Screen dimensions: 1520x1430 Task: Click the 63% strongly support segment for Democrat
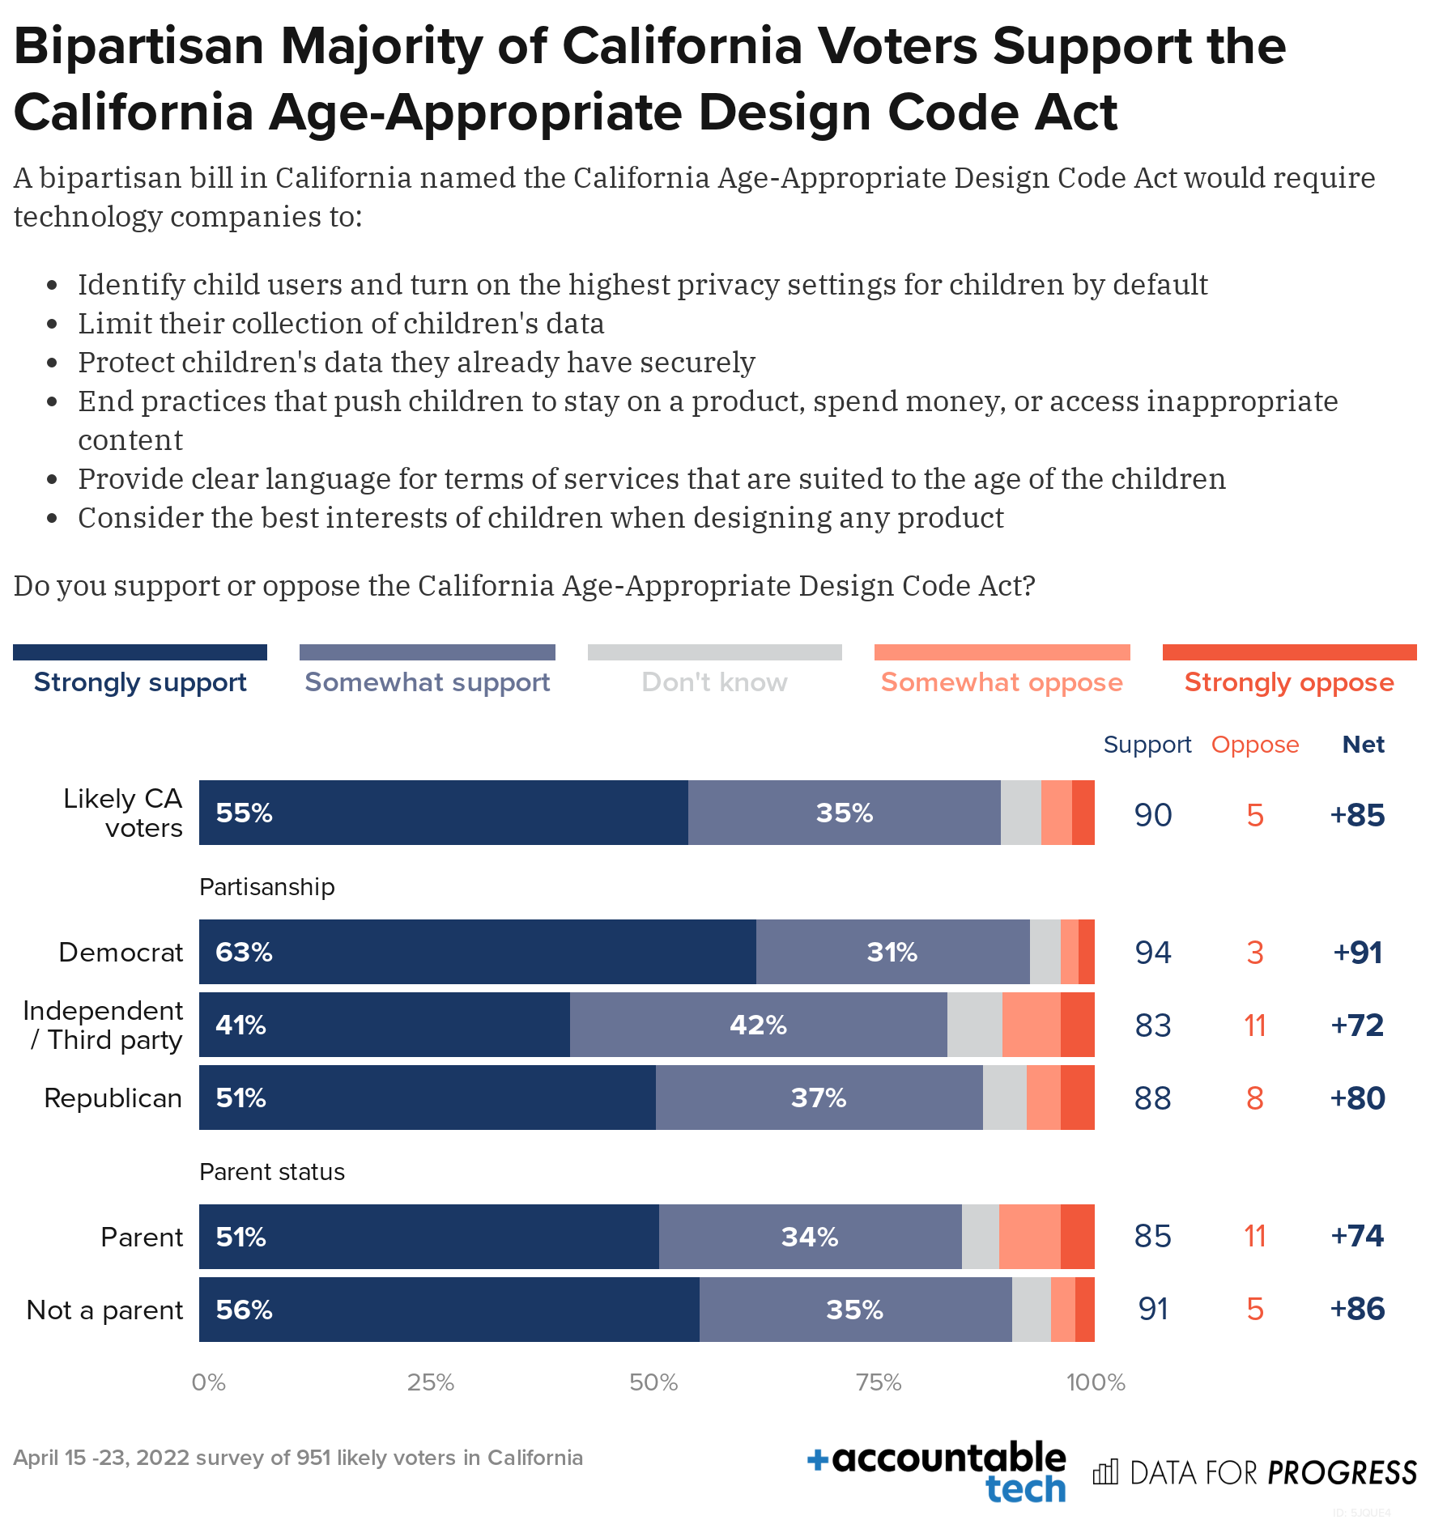click(x=477, y=952)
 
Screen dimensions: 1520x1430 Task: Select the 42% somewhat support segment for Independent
click(x=758, y=1025)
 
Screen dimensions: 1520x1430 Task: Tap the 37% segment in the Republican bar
click(x=819, y=1098)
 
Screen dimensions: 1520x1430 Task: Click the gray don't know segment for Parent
click(x=980, y=1237)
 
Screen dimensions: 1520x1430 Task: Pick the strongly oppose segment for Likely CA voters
click(x=1083, y=813)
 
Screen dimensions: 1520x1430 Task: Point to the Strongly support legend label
click(x=140, y=682)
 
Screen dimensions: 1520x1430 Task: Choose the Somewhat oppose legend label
click(x=1002, y=682)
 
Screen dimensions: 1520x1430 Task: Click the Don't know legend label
click(x=714, y=682)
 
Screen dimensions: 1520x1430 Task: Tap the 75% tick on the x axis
click(x=879, y=1382)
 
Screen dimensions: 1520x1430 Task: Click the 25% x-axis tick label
click(x=430, y=1382)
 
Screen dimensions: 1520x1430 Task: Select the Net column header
click(x=1363, y=745)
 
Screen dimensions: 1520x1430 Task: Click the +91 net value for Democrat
click(x=1357, y=953)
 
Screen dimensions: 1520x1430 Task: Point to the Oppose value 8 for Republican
click(x=1254, y=1098)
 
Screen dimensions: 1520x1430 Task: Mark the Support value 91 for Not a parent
click(x=1153, y=1309)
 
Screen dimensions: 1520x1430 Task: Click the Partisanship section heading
click(x=266, y=887)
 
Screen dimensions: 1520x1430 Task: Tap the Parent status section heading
click(x=271, y=1172)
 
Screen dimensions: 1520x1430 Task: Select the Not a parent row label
click(x=104, y=1310)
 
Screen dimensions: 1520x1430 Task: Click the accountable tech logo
click(x=937, y=1471)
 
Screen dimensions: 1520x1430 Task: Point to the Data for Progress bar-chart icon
click(x=1105, y=1472)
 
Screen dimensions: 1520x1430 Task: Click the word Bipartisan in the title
click(x=138, y=46)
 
